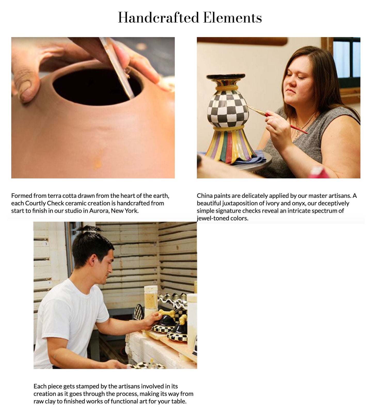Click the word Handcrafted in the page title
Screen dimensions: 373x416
tap(158, 18)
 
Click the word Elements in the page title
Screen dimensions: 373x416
tap(233, 18)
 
